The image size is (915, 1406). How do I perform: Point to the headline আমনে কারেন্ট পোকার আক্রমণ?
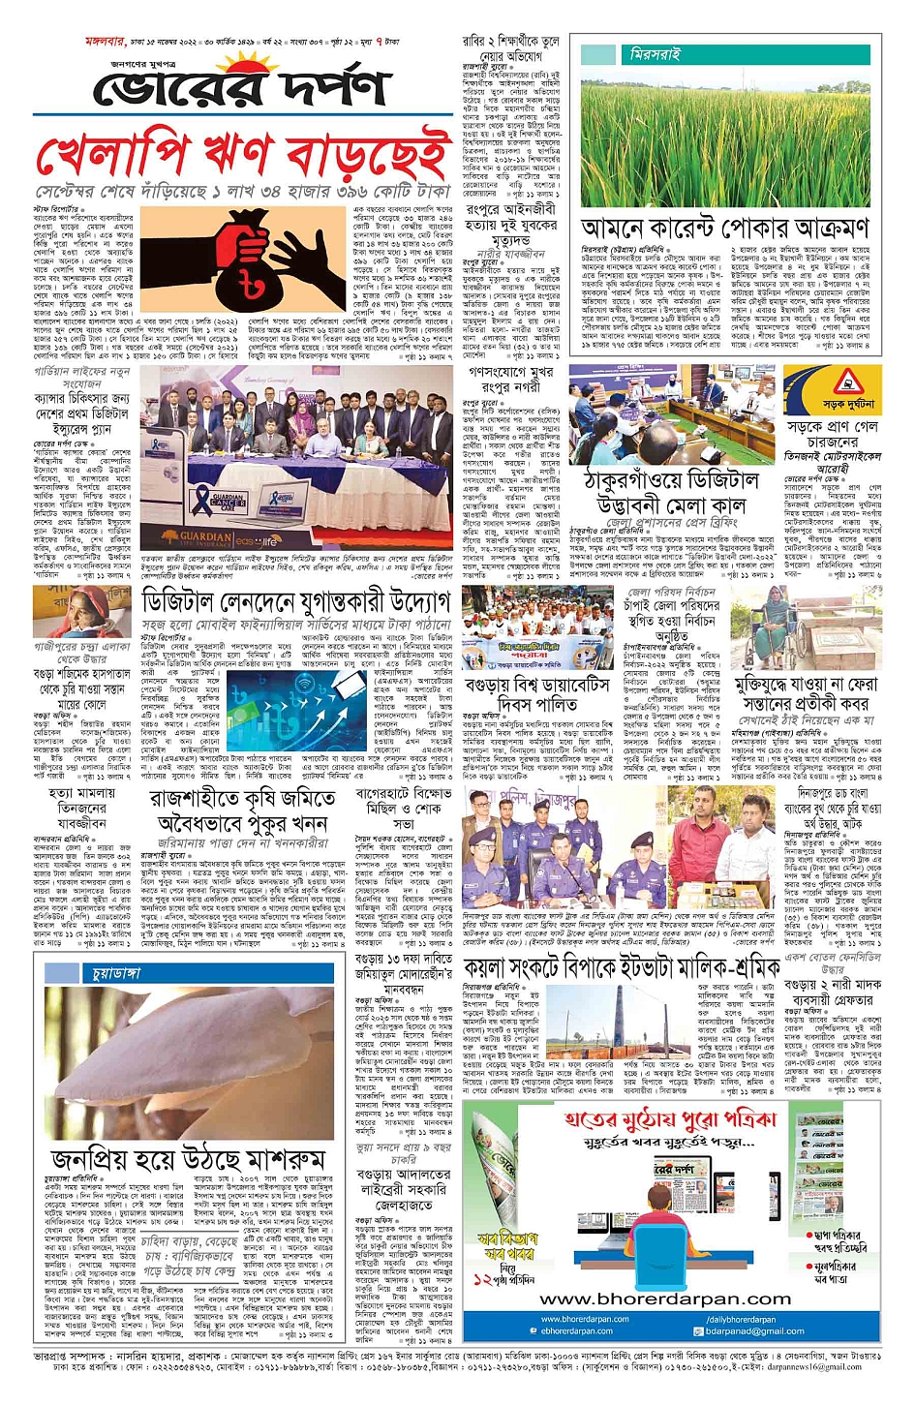click(x=725, y=229)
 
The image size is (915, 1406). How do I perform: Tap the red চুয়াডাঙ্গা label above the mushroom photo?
click(x=116, y=971)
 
